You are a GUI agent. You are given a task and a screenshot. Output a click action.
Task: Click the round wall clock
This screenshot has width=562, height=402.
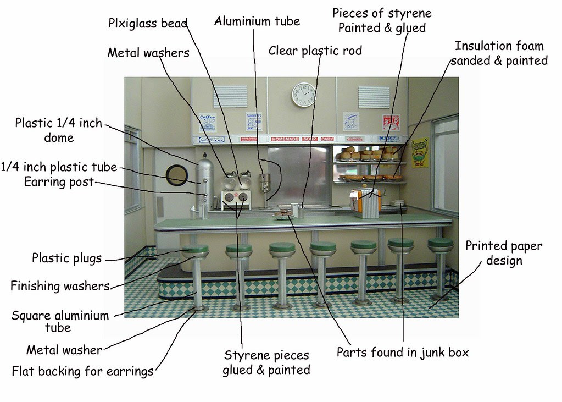(304, 94)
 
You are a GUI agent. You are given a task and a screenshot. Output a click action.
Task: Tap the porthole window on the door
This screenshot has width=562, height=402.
(176, 174)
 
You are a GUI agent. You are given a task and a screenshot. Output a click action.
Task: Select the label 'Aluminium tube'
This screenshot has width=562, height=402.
(257, 21)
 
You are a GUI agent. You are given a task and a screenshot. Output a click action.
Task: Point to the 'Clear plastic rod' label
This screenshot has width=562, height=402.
(315, 51)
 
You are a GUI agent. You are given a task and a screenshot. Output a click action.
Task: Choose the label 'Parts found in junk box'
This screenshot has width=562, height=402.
(403, 353)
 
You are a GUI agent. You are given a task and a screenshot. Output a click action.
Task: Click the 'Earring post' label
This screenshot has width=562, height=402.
(59, 182)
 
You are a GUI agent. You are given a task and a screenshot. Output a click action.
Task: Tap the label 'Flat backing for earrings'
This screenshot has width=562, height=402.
(82, 371)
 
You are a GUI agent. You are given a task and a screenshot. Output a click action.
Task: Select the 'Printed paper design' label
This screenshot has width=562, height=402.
(503, 252)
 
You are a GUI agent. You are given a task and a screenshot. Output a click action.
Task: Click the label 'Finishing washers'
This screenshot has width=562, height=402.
(60, 286)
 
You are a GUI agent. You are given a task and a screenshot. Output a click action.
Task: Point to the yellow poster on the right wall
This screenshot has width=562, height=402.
(421, 152)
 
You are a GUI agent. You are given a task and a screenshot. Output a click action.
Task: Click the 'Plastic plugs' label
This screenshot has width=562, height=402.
(67, 257)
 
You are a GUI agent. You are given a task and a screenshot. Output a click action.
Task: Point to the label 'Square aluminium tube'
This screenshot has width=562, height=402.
(60, 322)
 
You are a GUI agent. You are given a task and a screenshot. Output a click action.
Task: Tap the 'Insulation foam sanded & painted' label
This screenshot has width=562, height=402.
(499, 53)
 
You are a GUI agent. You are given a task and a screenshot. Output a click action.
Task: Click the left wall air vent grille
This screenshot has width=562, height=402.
(228, 96)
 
